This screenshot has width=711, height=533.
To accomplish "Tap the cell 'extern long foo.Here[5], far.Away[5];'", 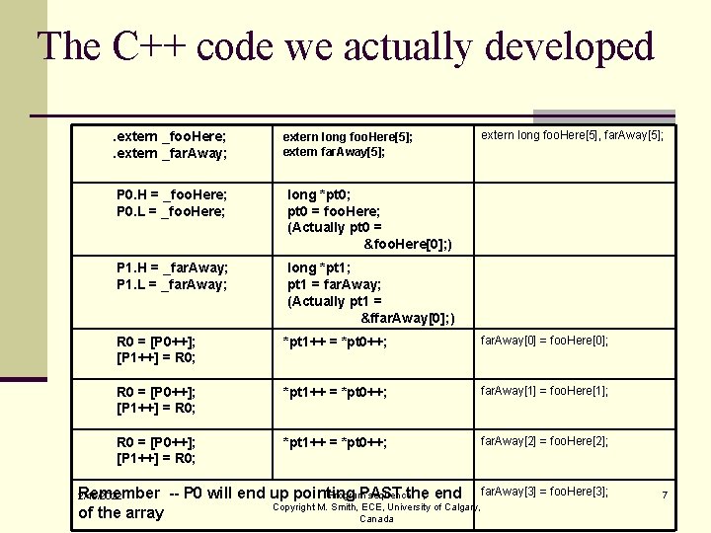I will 572,135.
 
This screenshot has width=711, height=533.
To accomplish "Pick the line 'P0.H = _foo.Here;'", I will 172,194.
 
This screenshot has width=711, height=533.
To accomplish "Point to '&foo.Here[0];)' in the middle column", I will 408,244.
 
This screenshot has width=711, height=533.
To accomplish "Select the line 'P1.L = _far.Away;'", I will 172,284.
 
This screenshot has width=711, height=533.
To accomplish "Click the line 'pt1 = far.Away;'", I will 334,284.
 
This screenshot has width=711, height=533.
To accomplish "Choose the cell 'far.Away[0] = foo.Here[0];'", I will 544,341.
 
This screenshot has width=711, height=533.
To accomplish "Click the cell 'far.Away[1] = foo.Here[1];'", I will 544,391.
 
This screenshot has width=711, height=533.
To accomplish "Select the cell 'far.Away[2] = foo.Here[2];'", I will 544,441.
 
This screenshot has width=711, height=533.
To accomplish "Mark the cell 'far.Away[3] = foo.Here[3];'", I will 544,492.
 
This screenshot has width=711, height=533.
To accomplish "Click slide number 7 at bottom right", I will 665,494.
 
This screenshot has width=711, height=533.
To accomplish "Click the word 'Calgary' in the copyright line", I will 452,507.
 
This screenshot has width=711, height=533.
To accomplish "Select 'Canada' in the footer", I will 376,519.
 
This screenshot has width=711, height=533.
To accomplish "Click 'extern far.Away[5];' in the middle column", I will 334,152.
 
